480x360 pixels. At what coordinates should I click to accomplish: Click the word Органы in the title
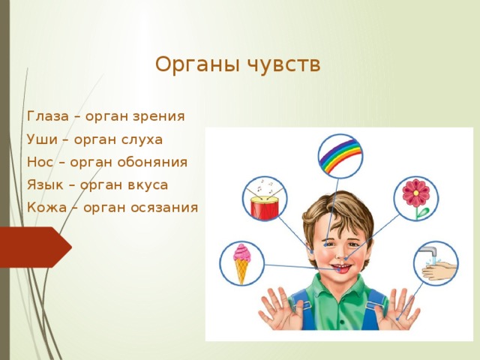coord(197,65)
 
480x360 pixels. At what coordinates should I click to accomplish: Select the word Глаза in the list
coord(48,116)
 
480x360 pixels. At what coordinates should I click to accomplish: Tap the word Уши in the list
coord(42,139)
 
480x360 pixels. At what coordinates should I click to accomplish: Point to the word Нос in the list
coord(40,162)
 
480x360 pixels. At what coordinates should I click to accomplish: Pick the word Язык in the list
coord(45,185)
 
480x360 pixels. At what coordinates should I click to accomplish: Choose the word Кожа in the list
coord(46,208)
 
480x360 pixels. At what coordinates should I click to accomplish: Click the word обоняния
coord(152,162)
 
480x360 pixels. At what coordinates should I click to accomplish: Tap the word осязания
coord(164,208)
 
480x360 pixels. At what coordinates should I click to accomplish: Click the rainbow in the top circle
coord(340,155)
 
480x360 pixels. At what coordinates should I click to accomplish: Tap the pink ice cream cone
coord(241,263)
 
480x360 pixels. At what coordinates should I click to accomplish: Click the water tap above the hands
coord(429,252)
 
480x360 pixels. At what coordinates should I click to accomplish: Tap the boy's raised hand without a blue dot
coord(278,308)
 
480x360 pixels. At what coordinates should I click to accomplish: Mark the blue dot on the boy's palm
coord(397,319)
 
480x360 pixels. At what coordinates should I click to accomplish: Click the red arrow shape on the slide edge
coord(36,247)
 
